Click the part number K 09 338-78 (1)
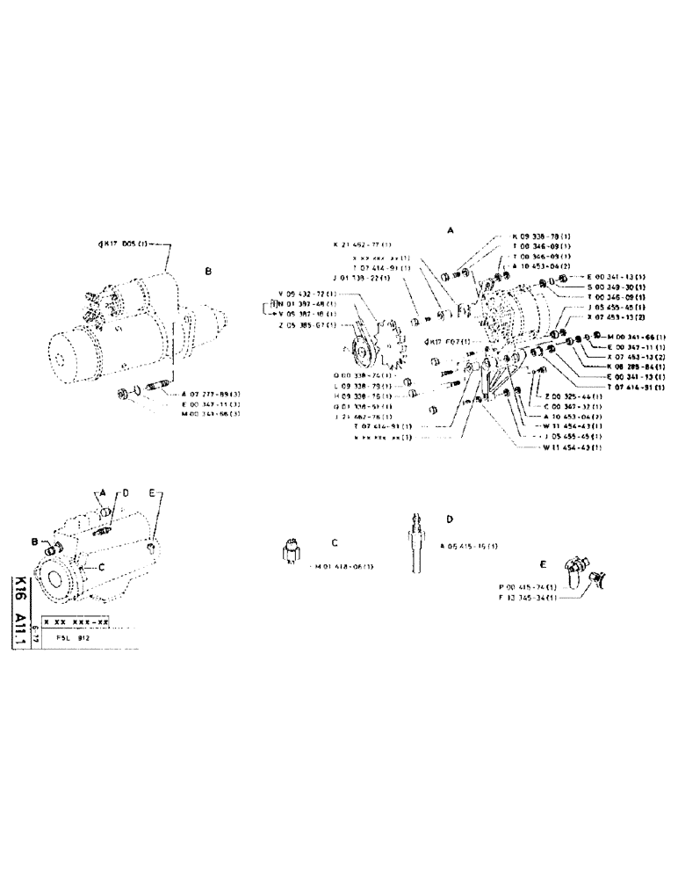click(542, 237)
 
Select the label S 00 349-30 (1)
click(617, 286)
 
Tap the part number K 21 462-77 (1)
click(363, 243)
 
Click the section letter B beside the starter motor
click(208, 272)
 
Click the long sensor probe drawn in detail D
click(415, 541)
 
